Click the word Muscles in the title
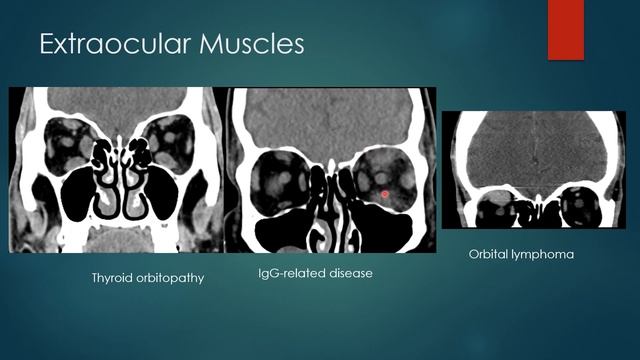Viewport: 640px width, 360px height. [249, 45]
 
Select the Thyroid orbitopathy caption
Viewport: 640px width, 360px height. [147, 277]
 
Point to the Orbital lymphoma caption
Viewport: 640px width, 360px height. [521, 255]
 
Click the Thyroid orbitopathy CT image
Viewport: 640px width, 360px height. [118, 169]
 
